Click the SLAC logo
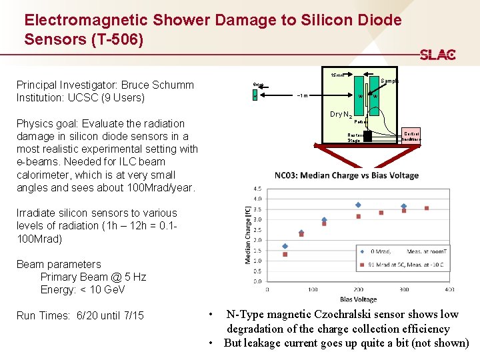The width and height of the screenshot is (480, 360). pyautogui.click(x=437, y=55)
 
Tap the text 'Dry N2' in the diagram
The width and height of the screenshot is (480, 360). pyautogui.click(x=341, y=115)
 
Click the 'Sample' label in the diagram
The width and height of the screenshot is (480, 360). pyautogui.click(x=389, y=81)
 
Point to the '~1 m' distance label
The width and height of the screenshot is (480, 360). pyautogui.click(x=301, y=96)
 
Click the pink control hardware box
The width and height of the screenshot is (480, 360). pyautogui.click(x=411, y=137)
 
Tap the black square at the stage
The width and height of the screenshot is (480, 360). pyautogui.click(x=367, y=136)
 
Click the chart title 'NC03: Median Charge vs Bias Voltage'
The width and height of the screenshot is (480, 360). pyautogui.click(x=347, y=175)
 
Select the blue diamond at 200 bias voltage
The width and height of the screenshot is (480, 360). pyautogui.click(x=358, y=205)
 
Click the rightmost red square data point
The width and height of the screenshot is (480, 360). pyautogui.click(x=427, y=209)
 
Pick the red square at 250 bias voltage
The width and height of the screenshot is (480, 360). pyautogui.click(x=381, y=213)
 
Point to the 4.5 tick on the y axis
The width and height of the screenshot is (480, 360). pyautogui.click(x=257, y=189)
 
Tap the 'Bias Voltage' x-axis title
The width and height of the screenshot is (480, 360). pyautogui.click(x=357, y=299)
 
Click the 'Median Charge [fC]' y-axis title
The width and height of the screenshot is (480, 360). pyautogui.click(x=247, y=233)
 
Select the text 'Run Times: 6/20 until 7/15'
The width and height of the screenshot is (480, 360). pyautogui.click(x=80, y=315)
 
